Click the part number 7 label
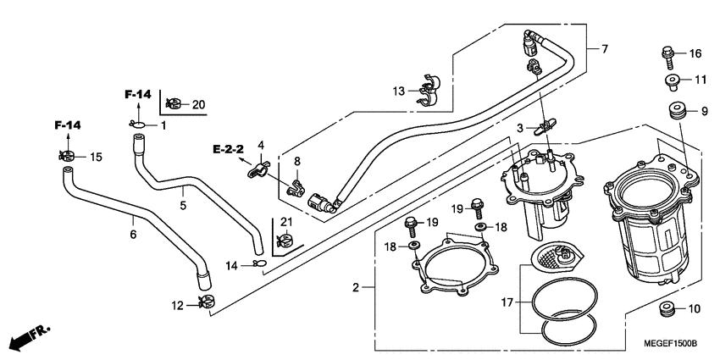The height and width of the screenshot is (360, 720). [x=605, y=49]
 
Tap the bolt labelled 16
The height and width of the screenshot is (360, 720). [x=667, y=56]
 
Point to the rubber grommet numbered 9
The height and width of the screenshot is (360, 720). [x=676, y=111]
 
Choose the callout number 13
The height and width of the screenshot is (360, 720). [x=398, y=91]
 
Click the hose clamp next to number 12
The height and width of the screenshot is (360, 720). [x=206, y=301]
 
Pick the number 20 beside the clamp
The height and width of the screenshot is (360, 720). [x=198, y=104]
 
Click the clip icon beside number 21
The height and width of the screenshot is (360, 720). [x=285, y=244]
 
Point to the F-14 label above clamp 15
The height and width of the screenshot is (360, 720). [x=68, y=125]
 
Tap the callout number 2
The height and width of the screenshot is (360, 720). [x=357, y=288]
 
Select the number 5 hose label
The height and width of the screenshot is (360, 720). [x=182, y=204]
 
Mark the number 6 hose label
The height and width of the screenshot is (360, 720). [x=132, y=235]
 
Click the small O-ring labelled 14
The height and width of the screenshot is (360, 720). [x=259, y=264]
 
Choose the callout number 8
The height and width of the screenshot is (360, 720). [x=297, y=161]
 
